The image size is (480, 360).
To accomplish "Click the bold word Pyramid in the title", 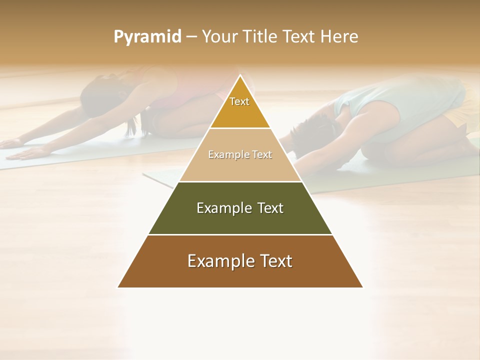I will (x=147, y=36).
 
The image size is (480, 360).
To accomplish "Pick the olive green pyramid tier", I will (x=240, y=220).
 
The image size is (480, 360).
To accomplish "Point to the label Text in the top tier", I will (x=239, y=101).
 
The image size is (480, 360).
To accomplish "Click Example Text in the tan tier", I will (x=240, y=154).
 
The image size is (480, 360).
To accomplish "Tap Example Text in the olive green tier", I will (x=240, y=208).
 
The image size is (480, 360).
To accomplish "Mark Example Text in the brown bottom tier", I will (x=240, y=261).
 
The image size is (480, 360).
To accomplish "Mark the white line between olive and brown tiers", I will (x=240, y=234).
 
